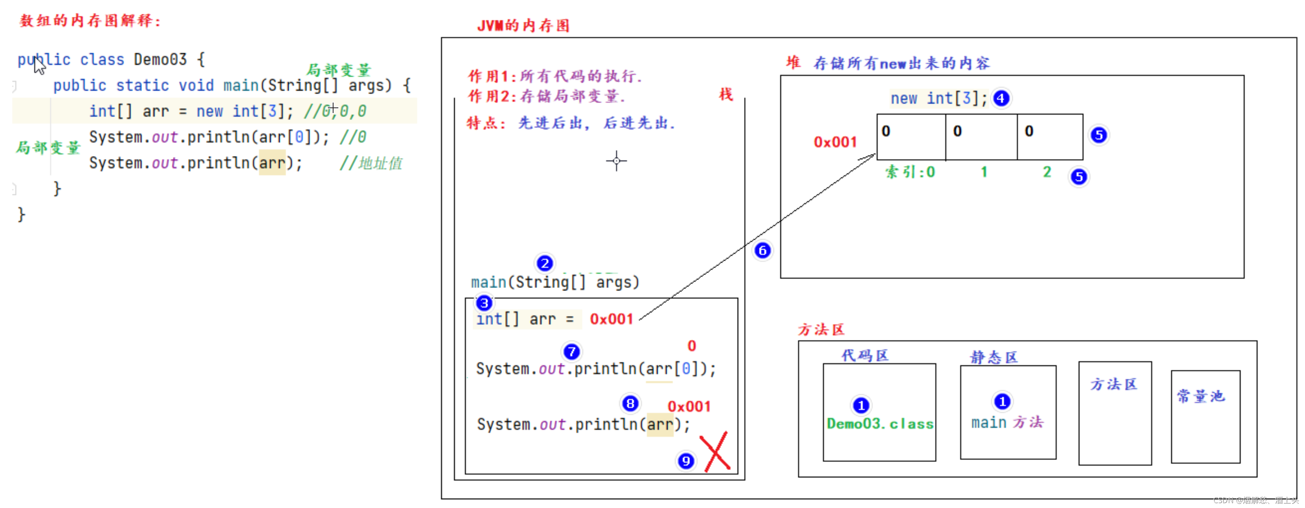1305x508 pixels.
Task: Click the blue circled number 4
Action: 1001,98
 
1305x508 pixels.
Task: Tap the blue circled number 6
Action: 762,250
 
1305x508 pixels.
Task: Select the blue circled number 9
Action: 686,461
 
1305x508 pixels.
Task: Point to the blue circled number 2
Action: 545,263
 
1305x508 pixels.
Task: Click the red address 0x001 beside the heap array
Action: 835,142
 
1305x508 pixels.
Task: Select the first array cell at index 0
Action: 911,137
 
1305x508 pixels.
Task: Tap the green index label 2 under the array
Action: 1047,172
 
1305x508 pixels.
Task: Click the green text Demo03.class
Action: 879,424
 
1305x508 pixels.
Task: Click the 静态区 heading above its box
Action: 993,357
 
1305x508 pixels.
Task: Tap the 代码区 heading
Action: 865,355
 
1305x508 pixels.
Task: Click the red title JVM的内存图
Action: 523,25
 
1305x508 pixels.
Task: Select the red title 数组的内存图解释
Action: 90,21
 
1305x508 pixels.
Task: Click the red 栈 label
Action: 726,94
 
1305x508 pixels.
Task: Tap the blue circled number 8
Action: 630,404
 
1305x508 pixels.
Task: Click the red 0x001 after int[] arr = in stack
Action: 611,319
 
